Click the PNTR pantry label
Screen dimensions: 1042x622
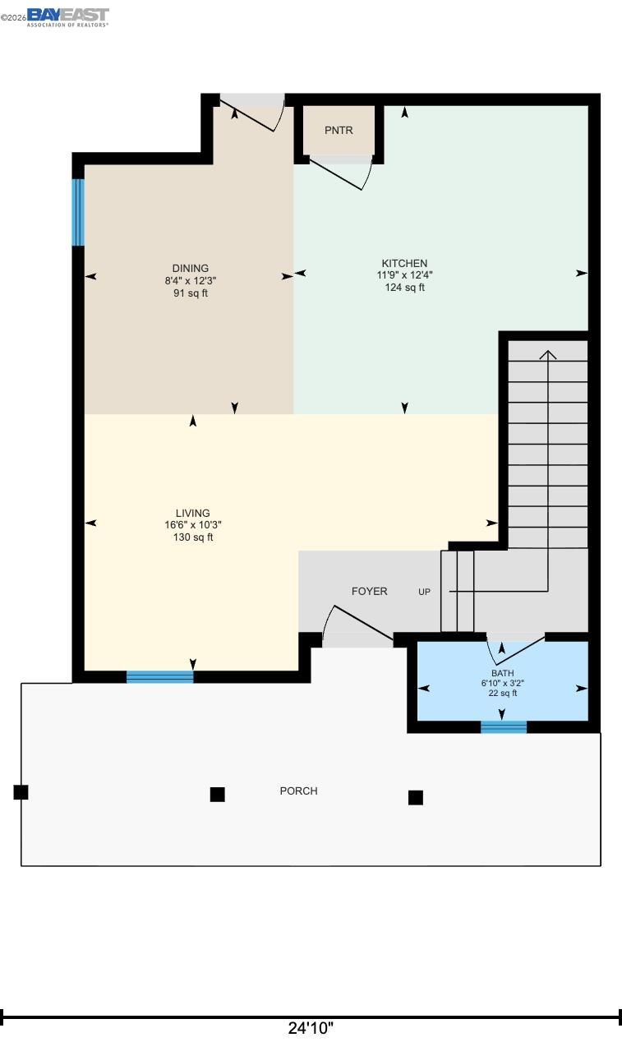tap(339, 130)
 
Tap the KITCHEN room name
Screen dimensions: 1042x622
tap(403, 264)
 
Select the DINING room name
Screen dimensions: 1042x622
tap(190, 268)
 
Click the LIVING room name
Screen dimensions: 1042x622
tap(192, 514)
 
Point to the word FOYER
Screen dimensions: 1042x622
tap(369, 591)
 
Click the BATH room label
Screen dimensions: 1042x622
tap(503, 673)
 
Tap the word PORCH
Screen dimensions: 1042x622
tap(298, 791)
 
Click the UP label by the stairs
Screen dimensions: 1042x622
tap(424, 592)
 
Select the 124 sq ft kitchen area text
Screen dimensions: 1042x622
tap(404, 288)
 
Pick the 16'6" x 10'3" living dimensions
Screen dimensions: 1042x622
tap(193, 525)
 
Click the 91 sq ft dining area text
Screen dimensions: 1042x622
tap(190, 293)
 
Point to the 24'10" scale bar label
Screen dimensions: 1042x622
tap(311, 1028)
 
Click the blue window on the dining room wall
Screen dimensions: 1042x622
tap(78, 212)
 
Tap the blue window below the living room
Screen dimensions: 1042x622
tap(159, 676)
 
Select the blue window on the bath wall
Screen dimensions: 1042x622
tap(503, 726)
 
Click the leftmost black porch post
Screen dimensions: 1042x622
tap(21, 792)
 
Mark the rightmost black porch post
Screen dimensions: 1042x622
tap(416, 797)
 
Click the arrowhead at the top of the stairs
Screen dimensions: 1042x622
tap(547, 355)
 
